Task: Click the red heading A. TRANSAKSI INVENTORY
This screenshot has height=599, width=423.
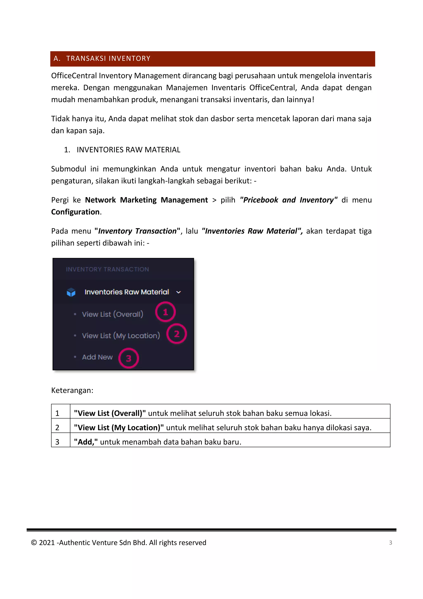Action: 102,59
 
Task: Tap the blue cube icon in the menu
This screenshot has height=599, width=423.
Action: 71,292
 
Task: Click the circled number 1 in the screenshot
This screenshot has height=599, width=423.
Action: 165,312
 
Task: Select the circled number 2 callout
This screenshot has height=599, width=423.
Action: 177,334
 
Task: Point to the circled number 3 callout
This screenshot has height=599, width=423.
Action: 128,358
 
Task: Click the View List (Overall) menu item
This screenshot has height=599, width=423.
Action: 113,314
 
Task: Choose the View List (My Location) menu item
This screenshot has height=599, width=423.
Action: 121,335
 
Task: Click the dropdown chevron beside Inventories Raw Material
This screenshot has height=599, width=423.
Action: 178,292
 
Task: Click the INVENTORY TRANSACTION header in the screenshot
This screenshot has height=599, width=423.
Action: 107,269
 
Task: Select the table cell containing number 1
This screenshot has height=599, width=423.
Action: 58,413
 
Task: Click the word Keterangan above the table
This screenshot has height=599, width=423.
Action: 72,390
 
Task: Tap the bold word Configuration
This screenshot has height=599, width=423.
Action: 75,212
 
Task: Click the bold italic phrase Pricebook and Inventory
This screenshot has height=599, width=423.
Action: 289,200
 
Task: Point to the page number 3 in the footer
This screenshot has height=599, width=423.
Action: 390,543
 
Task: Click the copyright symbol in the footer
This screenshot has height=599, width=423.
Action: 34,543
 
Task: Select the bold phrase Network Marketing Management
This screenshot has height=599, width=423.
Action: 146,200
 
